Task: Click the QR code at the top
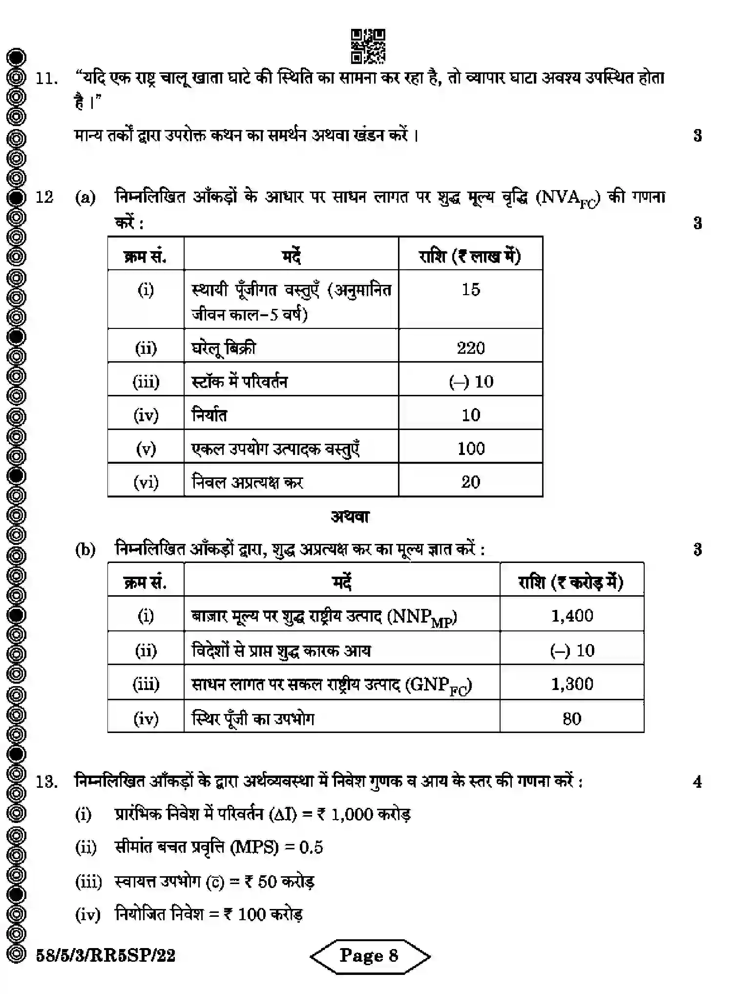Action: tap(368, 46)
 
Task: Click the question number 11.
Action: tap(46, 79)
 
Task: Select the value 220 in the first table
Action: tap(470, 348)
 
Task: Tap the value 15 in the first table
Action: tap(470, 289)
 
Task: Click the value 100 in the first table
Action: tap(470, 448)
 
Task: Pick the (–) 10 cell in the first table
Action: tap(470, 381)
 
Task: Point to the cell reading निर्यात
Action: tap(209, 415)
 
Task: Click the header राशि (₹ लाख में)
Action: tap(470, 256)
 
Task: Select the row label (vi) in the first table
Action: tap(146, 482)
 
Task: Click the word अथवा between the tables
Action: tap(350, 517)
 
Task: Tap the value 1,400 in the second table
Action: tap(572, 615)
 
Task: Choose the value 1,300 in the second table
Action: tap(572, 684)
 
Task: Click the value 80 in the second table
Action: tap(571, 718)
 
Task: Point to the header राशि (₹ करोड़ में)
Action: tap(571, 582)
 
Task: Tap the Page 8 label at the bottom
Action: tap(369, 955)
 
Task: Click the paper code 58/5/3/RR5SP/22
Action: tap(105, 955)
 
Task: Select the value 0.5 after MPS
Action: tap(311, 847)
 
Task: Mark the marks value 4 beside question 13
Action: tap(697, 782)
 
